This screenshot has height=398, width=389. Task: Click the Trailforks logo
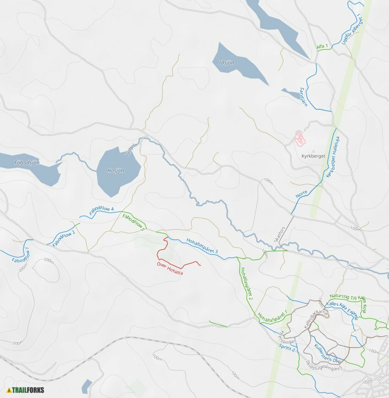pyautogui.click(x=25, y=390)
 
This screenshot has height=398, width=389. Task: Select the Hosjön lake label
pyautogui.click(x=115, y=171)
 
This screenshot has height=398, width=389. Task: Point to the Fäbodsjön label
pyautogui.click(x=27, y=162)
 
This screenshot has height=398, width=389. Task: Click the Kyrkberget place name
pyautogui.click(x=313, y=156)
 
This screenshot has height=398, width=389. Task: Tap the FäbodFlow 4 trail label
pyautogui.click(x=101, y=211)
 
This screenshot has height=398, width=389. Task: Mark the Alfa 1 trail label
pyautogui.click(x=322, y=47)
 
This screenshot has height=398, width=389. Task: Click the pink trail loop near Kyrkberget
pyautogui.click(x=300, y=138)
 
